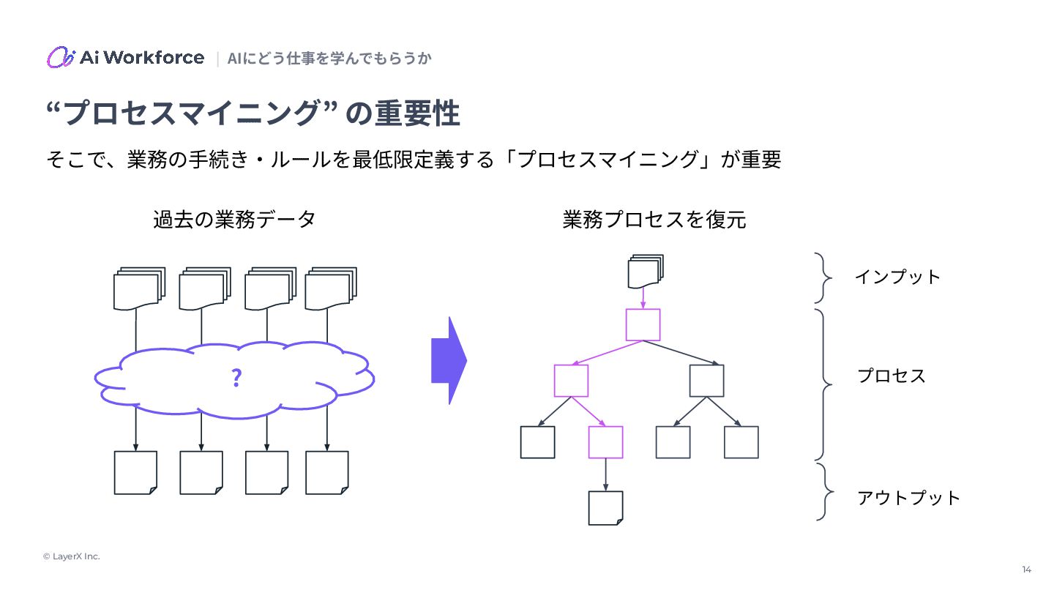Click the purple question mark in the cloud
(236, 378)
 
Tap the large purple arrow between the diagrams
(449, 360)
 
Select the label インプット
(897, 277)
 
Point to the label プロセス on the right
(891, 376)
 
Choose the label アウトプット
(908, 499)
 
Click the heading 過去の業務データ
(234, 219)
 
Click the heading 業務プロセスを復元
(654, 220)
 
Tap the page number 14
(1026, 570)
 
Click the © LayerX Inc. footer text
(71, 556)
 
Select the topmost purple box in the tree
(643, 324)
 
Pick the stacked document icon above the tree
(645, 272)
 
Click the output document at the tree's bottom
(605, 507)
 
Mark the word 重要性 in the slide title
(417, 114)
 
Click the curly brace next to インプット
(824, 277)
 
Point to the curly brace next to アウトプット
(825, 491)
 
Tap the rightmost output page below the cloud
(326, 472)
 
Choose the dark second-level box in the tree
(706, 381)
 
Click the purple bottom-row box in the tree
(605, 442)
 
